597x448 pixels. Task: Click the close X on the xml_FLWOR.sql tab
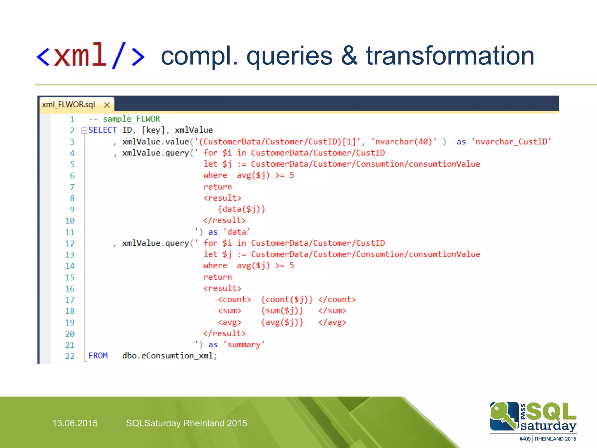pyautogui.click(x=107, y=105)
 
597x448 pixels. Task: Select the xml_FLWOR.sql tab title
pyautogui.click(x=69, y=105)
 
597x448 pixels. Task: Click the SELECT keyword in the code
pyautogui.click(x=102, y=130)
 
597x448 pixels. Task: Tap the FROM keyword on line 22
pyautogui.click(x=98, y=356)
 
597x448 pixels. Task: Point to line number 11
pyautogui.click(x=70, y=232)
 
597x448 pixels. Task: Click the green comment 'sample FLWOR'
pyautogui.click(x=131, y=119)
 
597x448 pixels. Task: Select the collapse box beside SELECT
pyautogui.click(x=84, y=130)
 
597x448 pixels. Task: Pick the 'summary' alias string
pyautogui.click(x=244, y=345)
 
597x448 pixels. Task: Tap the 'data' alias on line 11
pyautogui.click(x=237, y=232)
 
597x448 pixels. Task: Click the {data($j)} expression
pyautogui.click(x=242, y=209)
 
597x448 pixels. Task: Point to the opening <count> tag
pyautogui.click(x=234, y=300)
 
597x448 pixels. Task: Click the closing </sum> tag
pyautogui.click(x=332, y=311)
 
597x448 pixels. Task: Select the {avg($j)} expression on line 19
pyautogui.click(x=282, y=322)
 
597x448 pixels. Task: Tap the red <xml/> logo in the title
pyautogui.click(x=91, y=55)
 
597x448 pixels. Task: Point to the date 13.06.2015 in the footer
pyautogui.click(x=75, y=423)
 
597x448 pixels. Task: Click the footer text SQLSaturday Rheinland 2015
pyautogui.click(x=186, y=423)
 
